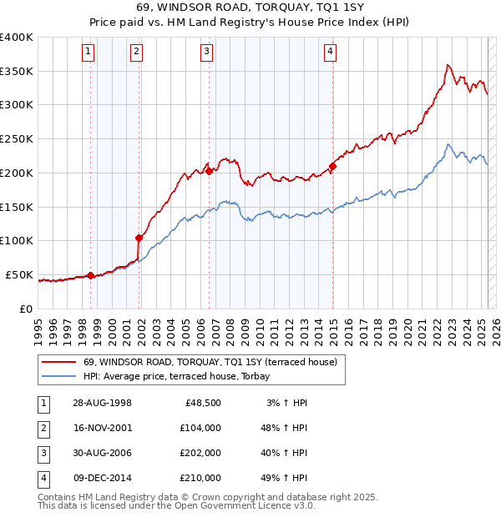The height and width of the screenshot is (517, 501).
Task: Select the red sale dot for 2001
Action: pos(139,238)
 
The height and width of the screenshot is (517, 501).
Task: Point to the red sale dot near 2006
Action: pos(210,171)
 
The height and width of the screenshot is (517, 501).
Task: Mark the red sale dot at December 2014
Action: pos(332,167)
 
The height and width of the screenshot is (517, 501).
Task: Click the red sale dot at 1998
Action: pos(90,275)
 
